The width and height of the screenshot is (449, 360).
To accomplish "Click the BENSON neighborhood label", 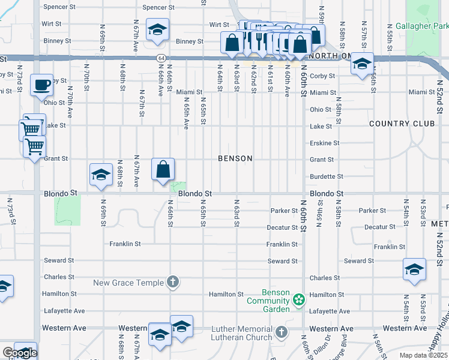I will point(235,159).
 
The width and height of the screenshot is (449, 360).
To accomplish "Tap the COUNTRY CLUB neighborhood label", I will point(402,124).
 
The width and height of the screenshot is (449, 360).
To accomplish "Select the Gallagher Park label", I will point(422,27).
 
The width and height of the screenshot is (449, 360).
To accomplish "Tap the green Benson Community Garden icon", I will point(298,299).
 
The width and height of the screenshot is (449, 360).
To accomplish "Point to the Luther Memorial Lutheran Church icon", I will point(281,332).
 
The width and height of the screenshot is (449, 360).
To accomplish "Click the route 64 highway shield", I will point(162,58).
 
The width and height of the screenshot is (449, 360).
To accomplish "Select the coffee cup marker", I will point(41,85).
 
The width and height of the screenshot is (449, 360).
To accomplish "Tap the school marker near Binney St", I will point(157,31).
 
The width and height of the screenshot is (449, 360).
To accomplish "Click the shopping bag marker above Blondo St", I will point(163,170).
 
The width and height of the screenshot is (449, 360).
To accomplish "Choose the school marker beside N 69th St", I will point(101,175).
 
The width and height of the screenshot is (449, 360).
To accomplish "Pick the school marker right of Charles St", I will point(414,270).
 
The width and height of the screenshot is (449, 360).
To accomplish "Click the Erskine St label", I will point(324,143).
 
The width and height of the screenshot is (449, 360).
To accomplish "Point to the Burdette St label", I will point(326,177).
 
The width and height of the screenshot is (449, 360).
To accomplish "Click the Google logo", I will point(19,353).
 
